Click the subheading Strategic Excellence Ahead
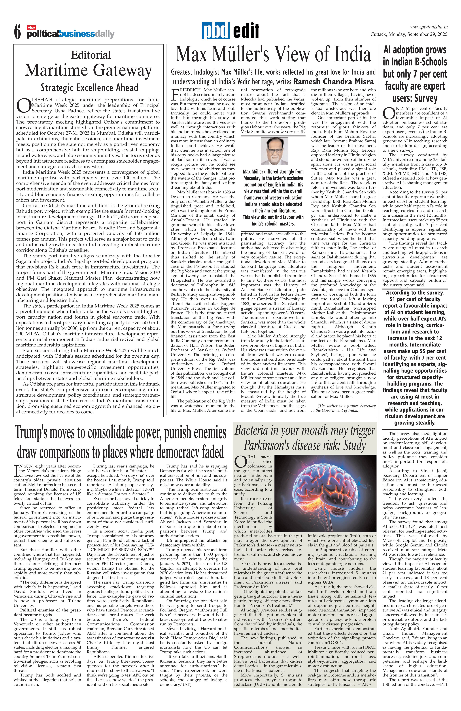point(89,88)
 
